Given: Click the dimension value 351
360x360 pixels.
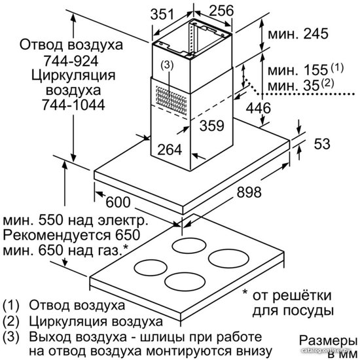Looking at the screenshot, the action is pyautogui.click(x=162, y=14).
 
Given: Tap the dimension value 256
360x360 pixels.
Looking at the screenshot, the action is pyautogui.click(x=221, y=10).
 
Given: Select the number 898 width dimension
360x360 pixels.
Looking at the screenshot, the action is pyautogui.click(x=249, y=192).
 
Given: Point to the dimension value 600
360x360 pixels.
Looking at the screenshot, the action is pyautogui.click(x=118, y=202).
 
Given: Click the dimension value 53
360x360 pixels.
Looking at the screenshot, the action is pyautogui.click(x=322, y=144).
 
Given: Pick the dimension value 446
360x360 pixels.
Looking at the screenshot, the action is pyautogui.click(x=259, y=108).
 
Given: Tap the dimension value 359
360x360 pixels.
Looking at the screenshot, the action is pyautogui.click(x=211, y=126).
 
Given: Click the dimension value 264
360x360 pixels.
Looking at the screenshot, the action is pyautogui.click(x=170, y=149).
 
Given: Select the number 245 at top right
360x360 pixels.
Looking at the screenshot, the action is pyautogui.click(x=316, y=34).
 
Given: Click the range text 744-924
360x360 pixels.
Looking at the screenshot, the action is pyautogui.click(x=71, y=61).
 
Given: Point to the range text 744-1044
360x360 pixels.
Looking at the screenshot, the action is pyautogui.click(x=73, y=105).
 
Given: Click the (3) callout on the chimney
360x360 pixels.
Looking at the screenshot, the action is pyautogui.click(x=167, y=65).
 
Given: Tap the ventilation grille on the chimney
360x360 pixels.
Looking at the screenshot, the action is pyautogui.click(x=171, y=101).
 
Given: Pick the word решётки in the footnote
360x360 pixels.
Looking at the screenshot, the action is pyautogui.click(x=304, y=295).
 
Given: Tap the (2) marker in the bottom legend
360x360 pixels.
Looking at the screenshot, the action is pyautogui.click(x=10, y=321).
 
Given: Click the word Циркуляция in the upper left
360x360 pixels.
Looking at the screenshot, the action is pyautogui.click(x=73, y=75).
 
